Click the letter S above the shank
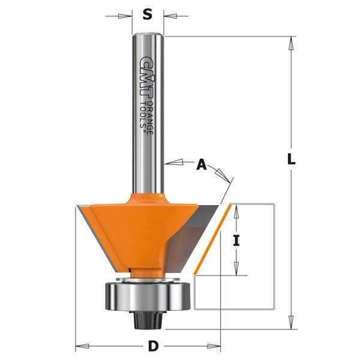[x=147, y=16]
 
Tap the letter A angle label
[x=202, y=164]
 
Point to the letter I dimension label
[x=236, y=241]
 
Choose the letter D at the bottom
[x=153, y=347]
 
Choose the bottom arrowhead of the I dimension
[x=236, y=271]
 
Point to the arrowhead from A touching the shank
[x=171, y=161]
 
